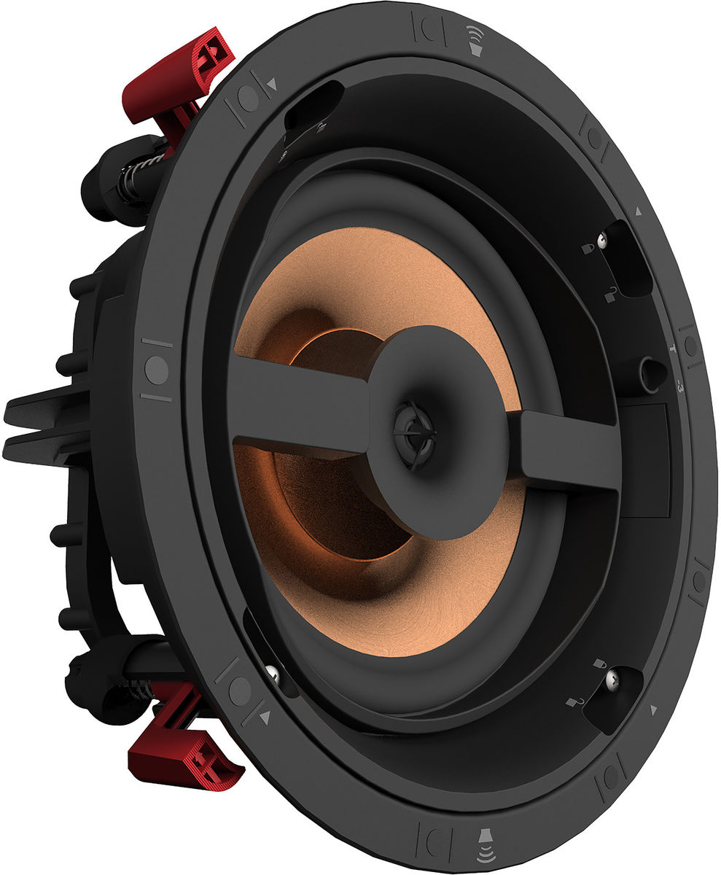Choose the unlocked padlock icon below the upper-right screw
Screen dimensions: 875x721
(x=610, y=295)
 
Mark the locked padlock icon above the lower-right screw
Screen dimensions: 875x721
(x=599, y=664)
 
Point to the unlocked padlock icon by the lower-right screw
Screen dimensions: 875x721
(x=575, y=701)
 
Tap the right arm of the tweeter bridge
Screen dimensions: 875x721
(x=569, y=448)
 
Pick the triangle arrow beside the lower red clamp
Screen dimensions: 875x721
(x=265, y=717)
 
